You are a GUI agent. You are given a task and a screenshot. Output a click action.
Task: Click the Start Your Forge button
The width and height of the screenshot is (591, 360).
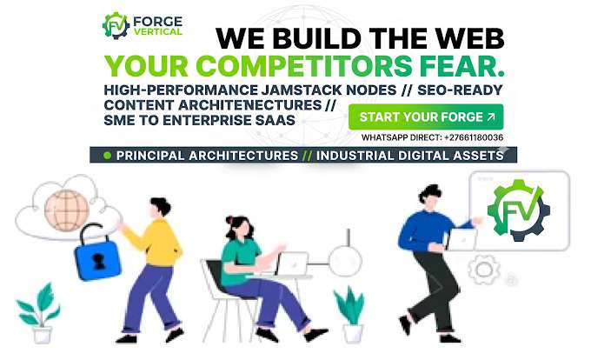pos(426,117)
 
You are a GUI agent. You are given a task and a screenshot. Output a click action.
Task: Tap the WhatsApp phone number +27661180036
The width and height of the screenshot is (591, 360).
pos(474,137)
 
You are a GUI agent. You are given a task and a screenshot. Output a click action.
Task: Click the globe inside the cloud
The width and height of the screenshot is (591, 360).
pos(67,210)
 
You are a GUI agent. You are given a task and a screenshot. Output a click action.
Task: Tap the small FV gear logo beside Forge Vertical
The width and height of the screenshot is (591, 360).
pos(116,25)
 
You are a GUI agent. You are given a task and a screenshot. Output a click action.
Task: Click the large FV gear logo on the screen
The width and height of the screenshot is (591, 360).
pos(518,210)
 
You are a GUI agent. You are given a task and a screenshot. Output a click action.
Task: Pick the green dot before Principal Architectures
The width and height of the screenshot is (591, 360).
pos(108,156)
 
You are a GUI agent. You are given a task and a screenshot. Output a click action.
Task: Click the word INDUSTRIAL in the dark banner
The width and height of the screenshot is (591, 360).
pos(355,156)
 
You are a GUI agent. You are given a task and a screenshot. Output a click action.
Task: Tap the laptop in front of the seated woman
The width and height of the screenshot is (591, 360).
pos(291,263)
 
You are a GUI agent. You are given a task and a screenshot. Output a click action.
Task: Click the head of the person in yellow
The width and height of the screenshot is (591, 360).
pos(160,208)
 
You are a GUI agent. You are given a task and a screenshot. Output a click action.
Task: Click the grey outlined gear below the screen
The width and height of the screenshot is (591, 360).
pos(484,270)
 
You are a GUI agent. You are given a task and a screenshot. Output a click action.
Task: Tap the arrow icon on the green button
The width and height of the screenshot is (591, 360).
pos(491,117)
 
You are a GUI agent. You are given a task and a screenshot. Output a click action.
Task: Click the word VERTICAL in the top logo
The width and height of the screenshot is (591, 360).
pos(157,31)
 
